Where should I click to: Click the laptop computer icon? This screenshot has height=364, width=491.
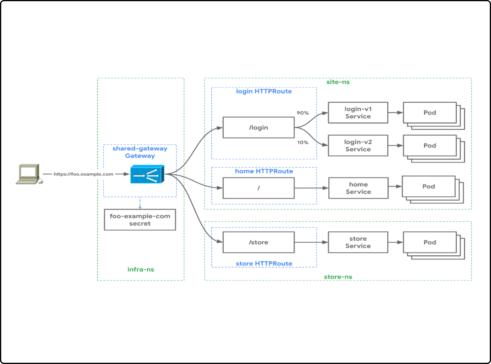click(29, 174)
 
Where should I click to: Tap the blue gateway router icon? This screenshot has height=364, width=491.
click(147, 174)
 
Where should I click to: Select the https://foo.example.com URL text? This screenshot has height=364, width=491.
click(83, 174)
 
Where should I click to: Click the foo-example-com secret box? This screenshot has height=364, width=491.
click(140, 220)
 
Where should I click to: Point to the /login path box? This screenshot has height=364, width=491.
click(258, 128)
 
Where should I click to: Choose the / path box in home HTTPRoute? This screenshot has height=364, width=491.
click(258, 188)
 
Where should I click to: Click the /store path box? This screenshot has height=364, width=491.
click(258, 242)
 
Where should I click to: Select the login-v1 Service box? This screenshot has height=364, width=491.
click(358, 113)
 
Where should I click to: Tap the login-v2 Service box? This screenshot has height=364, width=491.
click(358, 146)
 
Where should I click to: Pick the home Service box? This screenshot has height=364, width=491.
click(358, 188)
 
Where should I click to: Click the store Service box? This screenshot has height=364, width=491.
click(358, 242)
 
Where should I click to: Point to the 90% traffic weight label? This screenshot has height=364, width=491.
click(303, 113)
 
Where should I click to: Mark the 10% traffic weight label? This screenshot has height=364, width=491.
click(303, 143)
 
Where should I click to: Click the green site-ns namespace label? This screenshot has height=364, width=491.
click(338, 82)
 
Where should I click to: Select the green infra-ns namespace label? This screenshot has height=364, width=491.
click(141, 269)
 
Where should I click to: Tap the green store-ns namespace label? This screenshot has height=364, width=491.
click(338, 277)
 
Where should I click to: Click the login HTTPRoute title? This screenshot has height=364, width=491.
click(264, 91)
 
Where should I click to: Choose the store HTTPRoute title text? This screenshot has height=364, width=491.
click(264, 263)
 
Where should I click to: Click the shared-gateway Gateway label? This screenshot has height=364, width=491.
click(140, 152)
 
